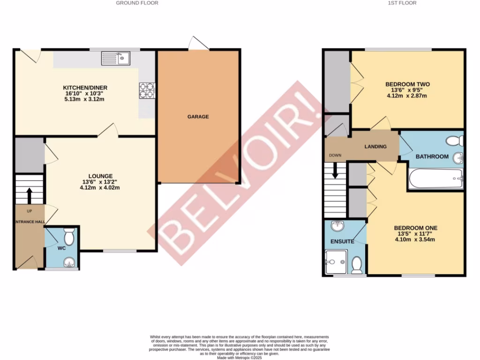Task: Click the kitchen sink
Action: (x=116, y=59)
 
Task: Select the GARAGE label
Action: (x=198, y=117)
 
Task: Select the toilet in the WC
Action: (x=69, y=237)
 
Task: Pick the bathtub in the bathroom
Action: (x=435, y=179)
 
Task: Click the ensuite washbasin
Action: (x=337, y=227)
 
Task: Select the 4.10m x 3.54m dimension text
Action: (x=416, y=240)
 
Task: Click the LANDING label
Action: (x=375, y=147)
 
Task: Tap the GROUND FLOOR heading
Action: (x=137, y=3)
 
